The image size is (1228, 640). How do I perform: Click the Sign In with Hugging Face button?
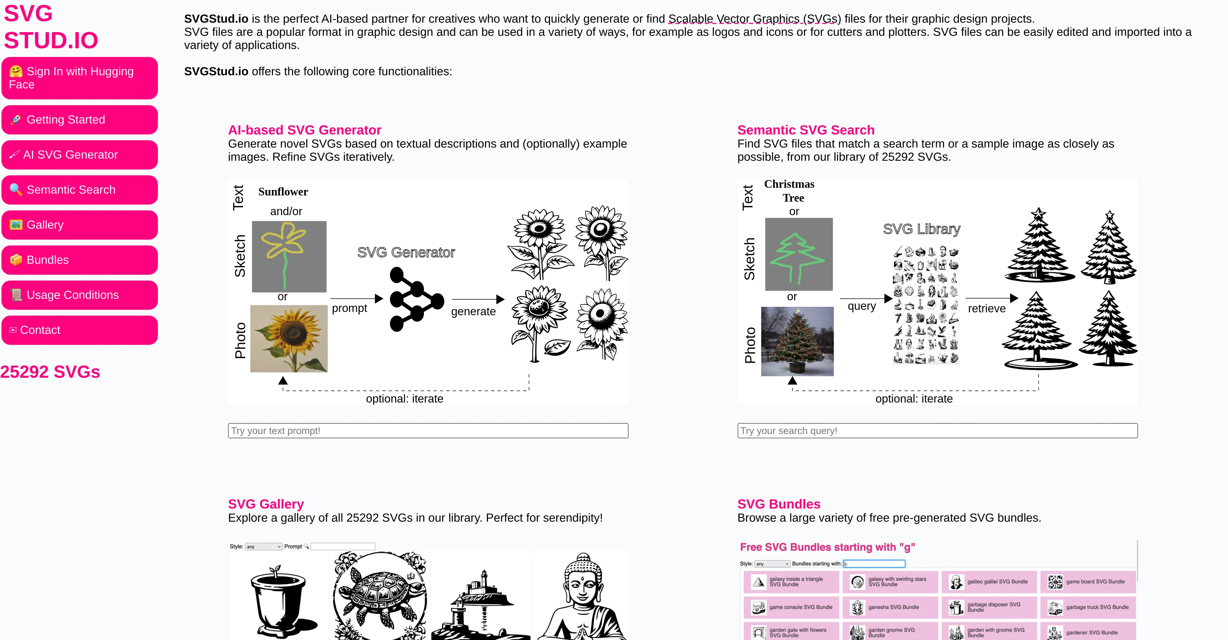tap(79, 78)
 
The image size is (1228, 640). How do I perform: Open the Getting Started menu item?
tap(79, 119)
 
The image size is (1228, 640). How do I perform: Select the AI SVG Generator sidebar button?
tap(79, 155)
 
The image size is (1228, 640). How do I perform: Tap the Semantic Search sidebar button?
tap(79, 190)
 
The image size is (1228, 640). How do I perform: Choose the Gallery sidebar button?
tap(79, 225)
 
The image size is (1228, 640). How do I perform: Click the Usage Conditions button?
tap(79, 295)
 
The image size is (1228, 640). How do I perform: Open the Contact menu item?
tap(79, 330)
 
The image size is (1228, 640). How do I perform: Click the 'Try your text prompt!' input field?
tap(428, 430)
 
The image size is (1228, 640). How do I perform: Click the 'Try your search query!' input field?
tap(937, 430)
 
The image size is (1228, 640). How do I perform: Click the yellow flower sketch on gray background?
tap(288, 256)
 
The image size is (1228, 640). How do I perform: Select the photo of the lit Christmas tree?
tap(797, 341)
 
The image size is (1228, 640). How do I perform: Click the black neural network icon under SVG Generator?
tap(416, 299)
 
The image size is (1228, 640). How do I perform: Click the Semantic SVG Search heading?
tap(806, 130)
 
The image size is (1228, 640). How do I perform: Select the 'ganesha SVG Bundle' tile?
tap(889, 607)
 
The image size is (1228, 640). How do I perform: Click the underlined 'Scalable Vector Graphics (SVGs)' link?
tap(754, 19)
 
